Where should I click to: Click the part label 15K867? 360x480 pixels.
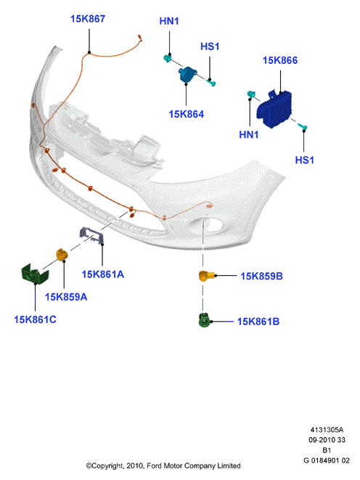coord(88,19)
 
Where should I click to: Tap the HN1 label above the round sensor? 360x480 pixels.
coord(169,21)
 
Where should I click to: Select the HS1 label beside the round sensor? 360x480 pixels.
coord(210,46)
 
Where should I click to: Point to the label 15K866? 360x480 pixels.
coord(280,60)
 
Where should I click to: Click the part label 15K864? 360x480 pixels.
coord(187,114)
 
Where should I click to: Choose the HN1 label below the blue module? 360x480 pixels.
coord(249,134)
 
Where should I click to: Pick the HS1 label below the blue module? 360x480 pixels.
coord(305,160)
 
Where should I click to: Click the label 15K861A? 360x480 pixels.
coord(103,274)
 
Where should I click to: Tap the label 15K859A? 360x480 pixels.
coord(66,297)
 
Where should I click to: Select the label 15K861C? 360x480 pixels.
coord(35,320)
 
